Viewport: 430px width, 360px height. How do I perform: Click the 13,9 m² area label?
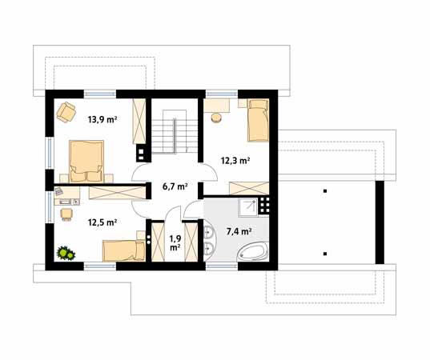(102, 120)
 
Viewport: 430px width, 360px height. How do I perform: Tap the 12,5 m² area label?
(102, 222)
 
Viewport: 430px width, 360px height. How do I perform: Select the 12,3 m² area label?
(235, 161)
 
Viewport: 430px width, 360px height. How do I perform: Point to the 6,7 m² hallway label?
(175, 187)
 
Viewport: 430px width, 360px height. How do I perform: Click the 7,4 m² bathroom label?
(239, 232)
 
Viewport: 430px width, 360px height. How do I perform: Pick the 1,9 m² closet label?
(175, 243)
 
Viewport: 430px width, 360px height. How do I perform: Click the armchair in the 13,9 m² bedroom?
(66, 112)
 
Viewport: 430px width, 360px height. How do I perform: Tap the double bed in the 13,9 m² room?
(86, 162)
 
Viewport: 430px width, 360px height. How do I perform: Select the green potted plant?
(66, 253)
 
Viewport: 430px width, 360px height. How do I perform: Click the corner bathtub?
(252, 251)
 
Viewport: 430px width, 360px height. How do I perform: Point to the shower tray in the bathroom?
(248, 207)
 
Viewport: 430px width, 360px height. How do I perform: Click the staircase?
(175, 132)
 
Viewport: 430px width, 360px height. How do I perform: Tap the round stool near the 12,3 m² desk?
(216, 118)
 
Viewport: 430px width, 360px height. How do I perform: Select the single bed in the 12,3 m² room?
(258, 121)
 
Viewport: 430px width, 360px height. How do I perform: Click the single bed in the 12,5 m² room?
(123, 250)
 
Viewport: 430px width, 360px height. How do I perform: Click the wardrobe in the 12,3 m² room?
(249, 188)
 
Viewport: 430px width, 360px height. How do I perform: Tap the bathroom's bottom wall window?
(222, 266)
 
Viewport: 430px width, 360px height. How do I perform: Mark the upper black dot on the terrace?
(325, 191)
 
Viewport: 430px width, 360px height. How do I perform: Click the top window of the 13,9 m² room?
(100, 94)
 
